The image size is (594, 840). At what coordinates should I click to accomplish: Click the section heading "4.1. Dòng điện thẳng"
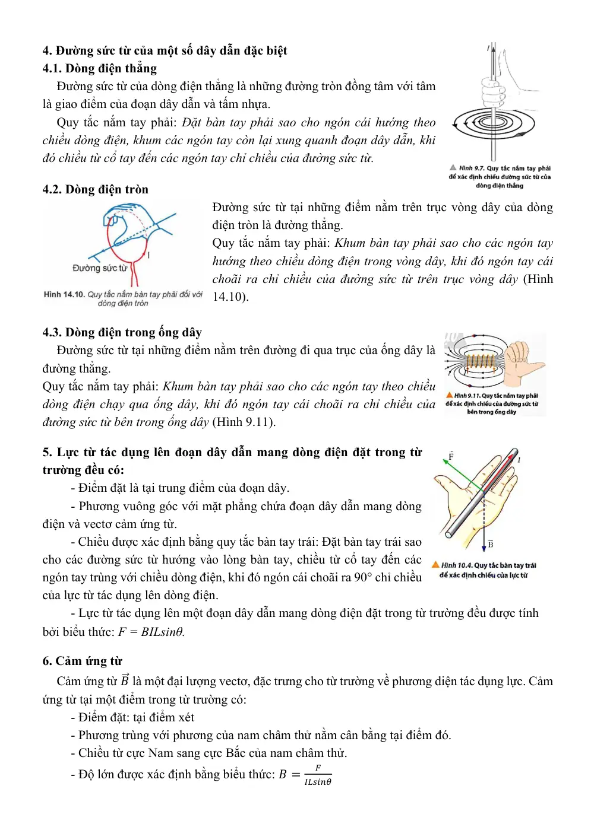click(x=100, y=68)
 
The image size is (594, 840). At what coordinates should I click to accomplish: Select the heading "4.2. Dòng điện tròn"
click(x=96, y=189)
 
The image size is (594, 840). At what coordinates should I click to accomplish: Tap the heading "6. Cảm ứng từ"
click(x=82, y=660)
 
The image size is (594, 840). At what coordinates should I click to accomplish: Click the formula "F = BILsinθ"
click(x=151, y=632)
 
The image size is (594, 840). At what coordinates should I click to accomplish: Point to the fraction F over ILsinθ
click(x=318, y=774)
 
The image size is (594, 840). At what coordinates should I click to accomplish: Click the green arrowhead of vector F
click(x=445, y=462)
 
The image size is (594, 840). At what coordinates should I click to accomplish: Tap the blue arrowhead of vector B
click(x=484, y=549)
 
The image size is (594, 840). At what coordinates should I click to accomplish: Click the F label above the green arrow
click(x=451, y=455)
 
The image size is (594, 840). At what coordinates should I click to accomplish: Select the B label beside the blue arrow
click(x=491, y=543)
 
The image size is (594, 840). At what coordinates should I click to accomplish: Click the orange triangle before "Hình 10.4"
click(x=435, y=564)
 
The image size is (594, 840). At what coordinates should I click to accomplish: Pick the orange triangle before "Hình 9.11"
click(x=449, y=395)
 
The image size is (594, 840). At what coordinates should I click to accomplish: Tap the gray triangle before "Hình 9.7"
click(x=453, y=167)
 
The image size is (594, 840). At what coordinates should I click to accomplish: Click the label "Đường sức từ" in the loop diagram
click(x=100, y=268)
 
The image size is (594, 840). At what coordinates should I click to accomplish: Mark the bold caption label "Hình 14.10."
click(x=65, y=294)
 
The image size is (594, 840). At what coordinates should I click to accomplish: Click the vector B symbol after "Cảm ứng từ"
click(x=125, y=679)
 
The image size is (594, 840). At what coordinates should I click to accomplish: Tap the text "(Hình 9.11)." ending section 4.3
click(x=244, y=422)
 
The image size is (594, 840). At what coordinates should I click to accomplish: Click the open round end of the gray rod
click(x=448, y=534)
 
